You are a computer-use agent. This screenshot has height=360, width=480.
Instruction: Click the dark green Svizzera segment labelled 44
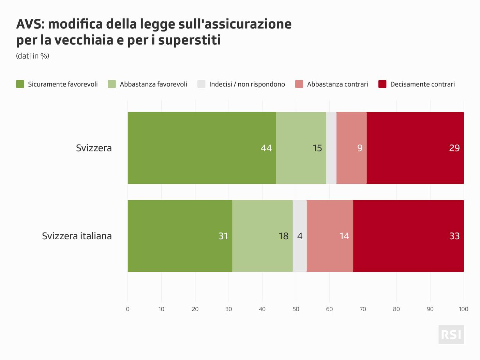tap(202, 148)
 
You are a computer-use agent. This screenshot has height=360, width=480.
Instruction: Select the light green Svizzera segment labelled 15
tap(301, 148)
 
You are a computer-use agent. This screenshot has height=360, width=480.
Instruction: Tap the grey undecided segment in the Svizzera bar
tap(331, 148)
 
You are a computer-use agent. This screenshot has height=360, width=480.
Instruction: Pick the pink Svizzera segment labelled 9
tap(351, 148)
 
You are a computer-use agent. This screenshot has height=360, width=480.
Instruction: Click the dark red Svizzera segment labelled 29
tap(415, 148)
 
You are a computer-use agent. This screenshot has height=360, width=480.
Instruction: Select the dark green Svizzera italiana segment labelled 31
tap(180, 236)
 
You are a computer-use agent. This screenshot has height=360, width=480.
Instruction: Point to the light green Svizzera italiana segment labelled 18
tap(262, 236)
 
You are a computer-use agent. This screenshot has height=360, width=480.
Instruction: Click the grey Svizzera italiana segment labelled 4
tap(300, 236)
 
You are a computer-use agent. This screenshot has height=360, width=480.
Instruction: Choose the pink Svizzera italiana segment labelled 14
tap(330, 236)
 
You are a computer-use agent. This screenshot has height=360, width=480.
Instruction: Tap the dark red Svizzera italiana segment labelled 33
tap(408, 236)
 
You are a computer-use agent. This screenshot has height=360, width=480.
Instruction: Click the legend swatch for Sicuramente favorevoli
tap(20, 84)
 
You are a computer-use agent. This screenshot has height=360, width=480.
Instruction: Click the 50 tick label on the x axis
tap(296, 309)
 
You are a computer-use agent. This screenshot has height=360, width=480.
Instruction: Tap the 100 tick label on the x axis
tap(464, 309)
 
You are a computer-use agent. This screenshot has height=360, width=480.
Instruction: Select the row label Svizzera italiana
tap(77, 236)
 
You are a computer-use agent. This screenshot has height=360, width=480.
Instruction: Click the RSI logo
tap(451, 334)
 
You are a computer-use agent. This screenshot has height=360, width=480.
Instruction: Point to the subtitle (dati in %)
tap(33, 56)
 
